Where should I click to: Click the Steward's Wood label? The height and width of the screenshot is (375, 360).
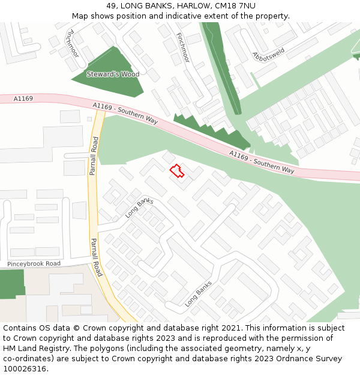(x=113, y=74)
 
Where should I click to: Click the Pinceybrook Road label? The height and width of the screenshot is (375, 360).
(x=34, y=264)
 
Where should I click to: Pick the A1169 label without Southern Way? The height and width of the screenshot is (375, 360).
(x=23, y=98)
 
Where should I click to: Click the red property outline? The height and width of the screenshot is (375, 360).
(x=176, y=172)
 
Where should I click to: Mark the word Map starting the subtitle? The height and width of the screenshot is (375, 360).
(x=80, y=16)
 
